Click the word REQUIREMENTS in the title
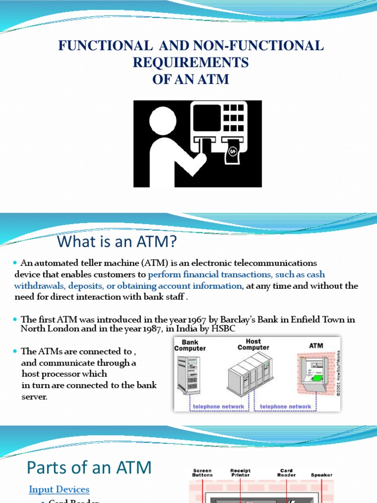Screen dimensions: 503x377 190,62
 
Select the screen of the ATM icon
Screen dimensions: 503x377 206,117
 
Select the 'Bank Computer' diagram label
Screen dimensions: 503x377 190,345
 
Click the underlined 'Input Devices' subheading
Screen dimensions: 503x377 59,489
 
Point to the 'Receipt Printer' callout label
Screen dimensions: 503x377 241,473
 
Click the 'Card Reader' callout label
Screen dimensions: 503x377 286,473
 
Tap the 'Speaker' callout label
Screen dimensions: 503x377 322,475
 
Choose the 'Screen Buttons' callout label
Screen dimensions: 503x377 202,473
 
